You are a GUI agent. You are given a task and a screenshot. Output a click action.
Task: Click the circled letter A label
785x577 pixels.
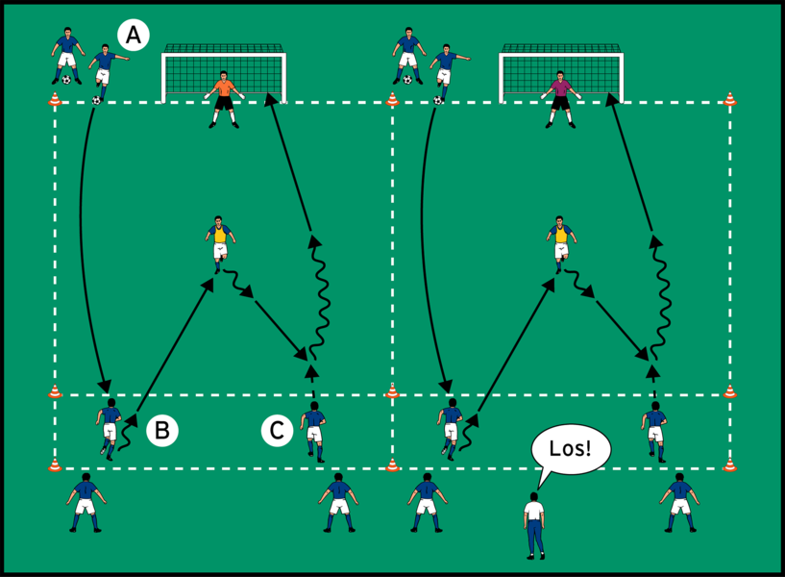tap(133, 36)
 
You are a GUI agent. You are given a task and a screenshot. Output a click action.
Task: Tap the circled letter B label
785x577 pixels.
tap(161, 431)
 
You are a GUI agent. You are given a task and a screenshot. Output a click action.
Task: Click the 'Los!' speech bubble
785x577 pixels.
tap(571, 450)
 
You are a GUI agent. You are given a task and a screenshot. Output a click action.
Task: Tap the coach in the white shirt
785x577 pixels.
tap(533, 524)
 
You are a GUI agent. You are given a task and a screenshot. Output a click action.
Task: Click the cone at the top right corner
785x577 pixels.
tap(730, 98)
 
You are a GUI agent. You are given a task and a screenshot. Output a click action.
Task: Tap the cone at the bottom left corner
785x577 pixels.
tap(55, 465)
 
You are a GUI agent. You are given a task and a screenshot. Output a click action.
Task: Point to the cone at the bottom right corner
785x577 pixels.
tap(730, 465)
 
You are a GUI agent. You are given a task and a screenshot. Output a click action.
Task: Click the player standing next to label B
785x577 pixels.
tap(109, 429)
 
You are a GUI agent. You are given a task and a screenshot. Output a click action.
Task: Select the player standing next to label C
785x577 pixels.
tap(313, 430)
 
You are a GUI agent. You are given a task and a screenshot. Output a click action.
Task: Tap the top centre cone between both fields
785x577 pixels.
tap(392, 98)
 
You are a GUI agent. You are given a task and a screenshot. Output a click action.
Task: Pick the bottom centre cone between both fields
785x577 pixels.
tap(392, 465)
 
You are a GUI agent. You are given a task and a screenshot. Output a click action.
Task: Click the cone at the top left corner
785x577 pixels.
tap(55, 98)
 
